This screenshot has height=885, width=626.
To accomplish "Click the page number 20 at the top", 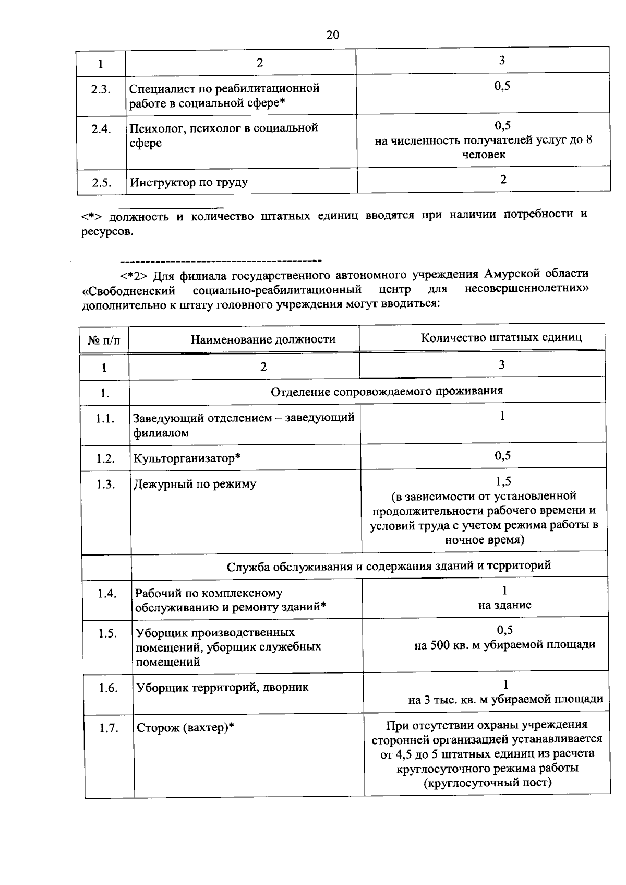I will pos(332,35).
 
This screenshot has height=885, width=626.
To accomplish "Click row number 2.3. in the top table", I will pos(101,89).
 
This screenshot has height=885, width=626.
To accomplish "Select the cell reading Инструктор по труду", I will pos(189,183).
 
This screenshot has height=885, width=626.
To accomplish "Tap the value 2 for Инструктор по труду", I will pos(503,180).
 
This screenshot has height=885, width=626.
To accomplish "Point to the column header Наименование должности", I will pos(263,339).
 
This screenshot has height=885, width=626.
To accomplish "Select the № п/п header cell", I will pos(104,340).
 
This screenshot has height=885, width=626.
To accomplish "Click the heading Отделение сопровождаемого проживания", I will pos(387,391).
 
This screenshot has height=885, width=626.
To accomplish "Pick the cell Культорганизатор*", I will pos(187,458).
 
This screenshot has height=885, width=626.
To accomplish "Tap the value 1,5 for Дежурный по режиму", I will pos(503,481).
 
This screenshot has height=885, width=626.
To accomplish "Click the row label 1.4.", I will pos(106,594).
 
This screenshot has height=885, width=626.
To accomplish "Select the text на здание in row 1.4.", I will pos(504,605).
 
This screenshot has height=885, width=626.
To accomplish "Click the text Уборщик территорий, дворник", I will pos(222,688).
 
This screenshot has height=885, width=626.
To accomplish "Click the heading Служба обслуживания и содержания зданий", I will pos(389,565).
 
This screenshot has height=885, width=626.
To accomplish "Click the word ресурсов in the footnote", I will pos(106,231).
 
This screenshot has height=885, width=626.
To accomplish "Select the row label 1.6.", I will pos(108,688).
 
